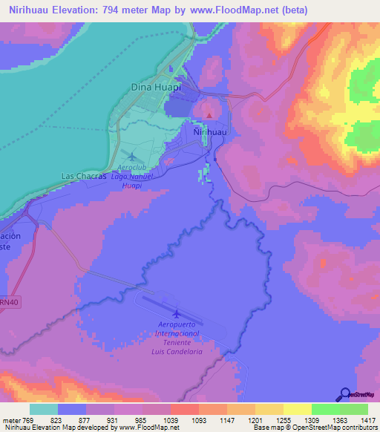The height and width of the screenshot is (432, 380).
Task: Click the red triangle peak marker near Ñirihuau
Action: pos(209,114)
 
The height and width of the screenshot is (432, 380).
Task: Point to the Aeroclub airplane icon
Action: pos(133,156)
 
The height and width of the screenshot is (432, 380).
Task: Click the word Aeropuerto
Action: pos(180,324)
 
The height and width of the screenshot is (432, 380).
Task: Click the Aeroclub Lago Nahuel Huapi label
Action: pos(132,177)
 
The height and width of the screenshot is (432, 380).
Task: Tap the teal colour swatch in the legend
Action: pos(44,409)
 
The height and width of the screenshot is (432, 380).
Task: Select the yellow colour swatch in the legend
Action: pos(298,409)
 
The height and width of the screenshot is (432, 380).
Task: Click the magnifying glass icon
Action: pos(344,395)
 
